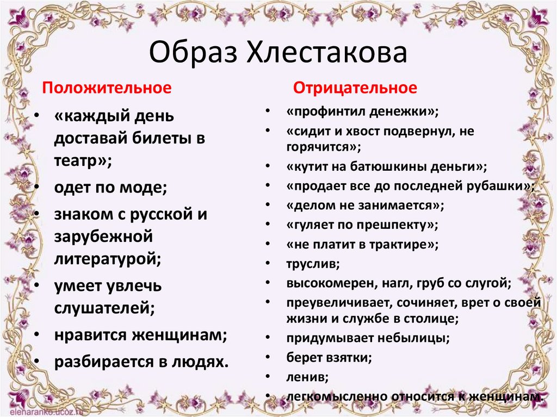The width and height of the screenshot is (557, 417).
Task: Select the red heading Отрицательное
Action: [356, 88]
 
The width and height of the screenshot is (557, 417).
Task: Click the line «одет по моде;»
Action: [110, 188]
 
